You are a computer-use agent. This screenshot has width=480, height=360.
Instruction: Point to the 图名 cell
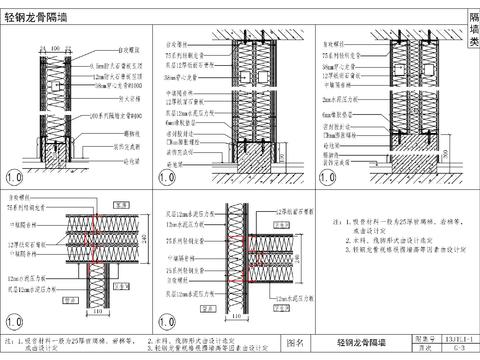tap(297, 343)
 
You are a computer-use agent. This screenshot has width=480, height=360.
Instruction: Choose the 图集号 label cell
tap(425, 339)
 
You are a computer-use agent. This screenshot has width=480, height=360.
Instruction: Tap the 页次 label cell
tap(425, 349)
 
